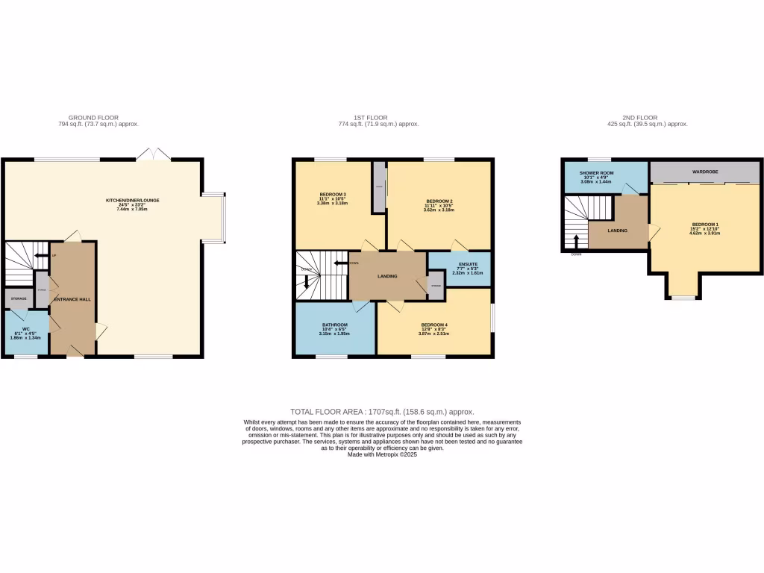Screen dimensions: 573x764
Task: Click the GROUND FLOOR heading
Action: (x=94, y=118)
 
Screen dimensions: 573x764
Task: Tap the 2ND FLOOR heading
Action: (x=639, y=118)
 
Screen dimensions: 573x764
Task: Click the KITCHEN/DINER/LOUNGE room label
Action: (x=133, y=200)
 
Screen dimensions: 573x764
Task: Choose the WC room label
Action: (x=25, y=329)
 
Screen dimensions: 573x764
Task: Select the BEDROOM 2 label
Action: (x=439, y=201)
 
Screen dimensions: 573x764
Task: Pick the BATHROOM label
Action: (x=335, y=325)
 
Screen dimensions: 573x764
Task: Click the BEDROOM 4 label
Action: (x=434, y=325)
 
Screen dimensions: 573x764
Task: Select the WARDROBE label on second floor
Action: (x=704, y=172)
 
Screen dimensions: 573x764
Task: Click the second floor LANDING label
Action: (x=617, y=231)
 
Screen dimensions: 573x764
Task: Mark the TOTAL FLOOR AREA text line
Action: (x=381, y=412)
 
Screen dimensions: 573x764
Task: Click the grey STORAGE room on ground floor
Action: (x=18, y=298)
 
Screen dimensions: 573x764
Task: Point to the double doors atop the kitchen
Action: (x=153, y=154)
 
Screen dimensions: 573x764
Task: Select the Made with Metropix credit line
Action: (x=382, y=454)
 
